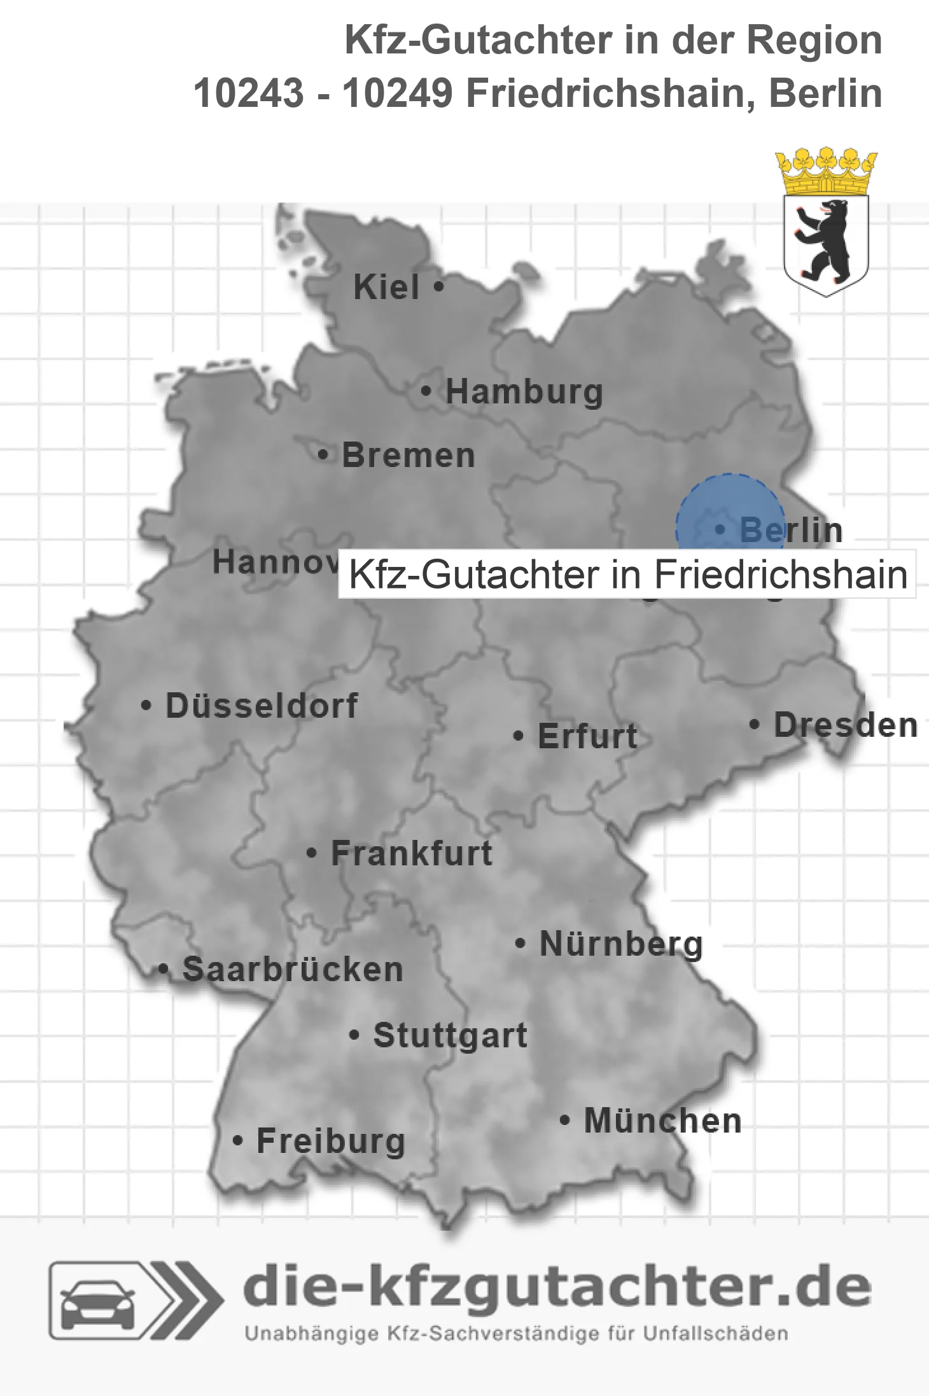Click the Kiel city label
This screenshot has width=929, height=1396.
pos(386,287)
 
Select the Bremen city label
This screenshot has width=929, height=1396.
pos(409,456)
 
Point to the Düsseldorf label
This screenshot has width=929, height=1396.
pos(262,706)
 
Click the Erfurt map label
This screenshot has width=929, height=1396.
pos(587,736)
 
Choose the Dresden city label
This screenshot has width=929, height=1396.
pos(845,725)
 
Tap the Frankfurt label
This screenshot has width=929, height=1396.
pos(412,853)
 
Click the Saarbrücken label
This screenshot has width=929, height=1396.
pos(293,970)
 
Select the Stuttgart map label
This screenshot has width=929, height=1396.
pos(450,1035)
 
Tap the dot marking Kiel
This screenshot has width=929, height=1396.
pos(438,287)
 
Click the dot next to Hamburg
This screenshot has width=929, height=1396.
pos(426,391)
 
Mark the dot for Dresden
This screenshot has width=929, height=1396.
pos(755,725)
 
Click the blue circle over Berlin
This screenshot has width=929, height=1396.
pos(730,509)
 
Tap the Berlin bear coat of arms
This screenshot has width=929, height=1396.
pos(826,242)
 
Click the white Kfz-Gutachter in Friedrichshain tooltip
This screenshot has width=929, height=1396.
pos(627,575)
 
